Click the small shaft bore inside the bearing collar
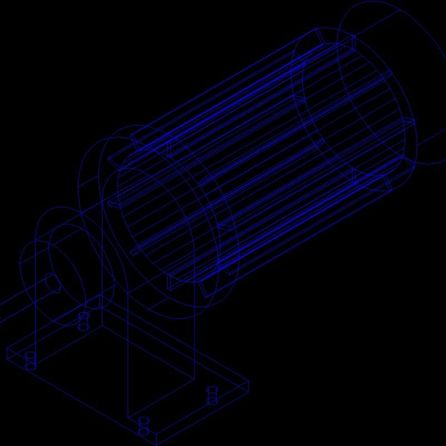click(x=52, y=283)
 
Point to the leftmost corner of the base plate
click(x=7, y=349)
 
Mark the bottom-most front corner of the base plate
click(x=156, y=444)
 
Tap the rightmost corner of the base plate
click(x=248, y=382)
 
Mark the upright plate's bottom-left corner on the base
click(x=128, y=417)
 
